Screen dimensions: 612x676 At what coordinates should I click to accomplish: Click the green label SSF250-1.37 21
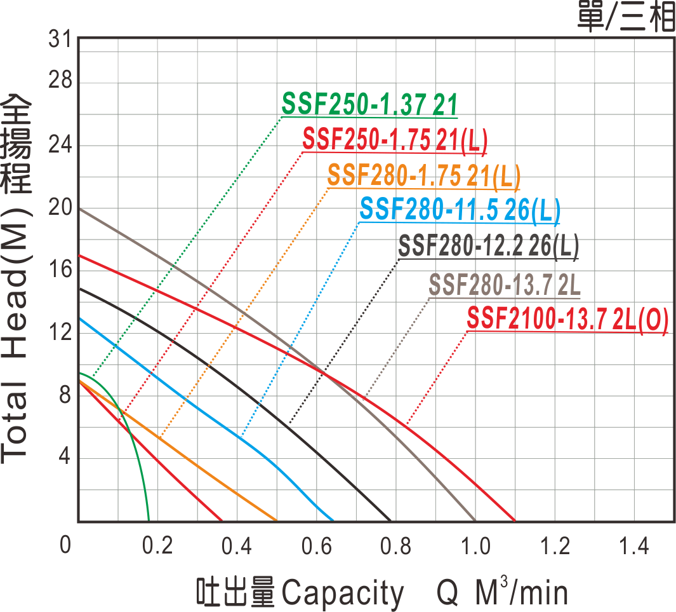pyautogui.click(x=369, y=105)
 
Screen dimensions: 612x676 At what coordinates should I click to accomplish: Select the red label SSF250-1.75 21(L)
pyautogui.click(x=394, y=140)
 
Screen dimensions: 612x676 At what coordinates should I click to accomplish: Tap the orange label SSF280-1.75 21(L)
pyautogui.click(x=423, y=176)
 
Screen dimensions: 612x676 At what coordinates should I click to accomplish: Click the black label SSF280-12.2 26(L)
pyautogui.click(x=488, y=247)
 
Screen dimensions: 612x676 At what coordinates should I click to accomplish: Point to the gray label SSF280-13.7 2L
pyautogui.click(x=505, y=285)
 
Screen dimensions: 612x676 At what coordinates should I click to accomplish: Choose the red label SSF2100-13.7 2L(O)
pyautogui.click(x=567, y=320)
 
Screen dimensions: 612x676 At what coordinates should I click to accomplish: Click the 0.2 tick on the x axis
pyautogui.click(x=156, y=545)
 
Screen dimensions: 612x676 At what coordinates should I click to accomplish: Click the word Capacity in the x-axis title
pyautogui.click(x=342, y=593)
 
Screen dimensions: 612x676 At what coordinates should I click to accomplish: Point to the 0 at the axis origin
pyautogui.click(x=65, y=545)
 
